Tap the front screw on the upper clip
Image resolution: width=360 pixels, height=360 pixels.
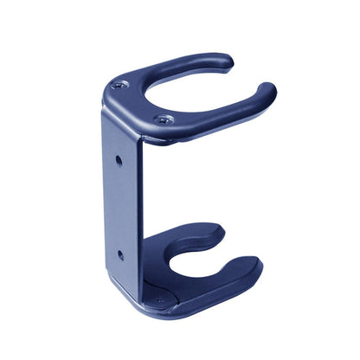(165, 119)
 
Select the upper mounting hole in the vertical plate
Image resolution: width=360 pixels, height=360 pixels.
(119, 160)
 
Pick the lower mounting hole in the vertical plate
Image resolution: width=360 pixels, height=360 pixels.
(119, 254)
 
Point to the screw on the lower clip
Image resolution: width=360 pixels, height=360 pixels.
(158, 301)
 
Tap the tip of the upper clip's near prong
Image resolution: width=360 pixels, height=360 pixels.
(267, 90)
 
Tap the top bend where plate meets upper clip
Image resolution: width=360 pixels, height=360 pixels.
(108, 108)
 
